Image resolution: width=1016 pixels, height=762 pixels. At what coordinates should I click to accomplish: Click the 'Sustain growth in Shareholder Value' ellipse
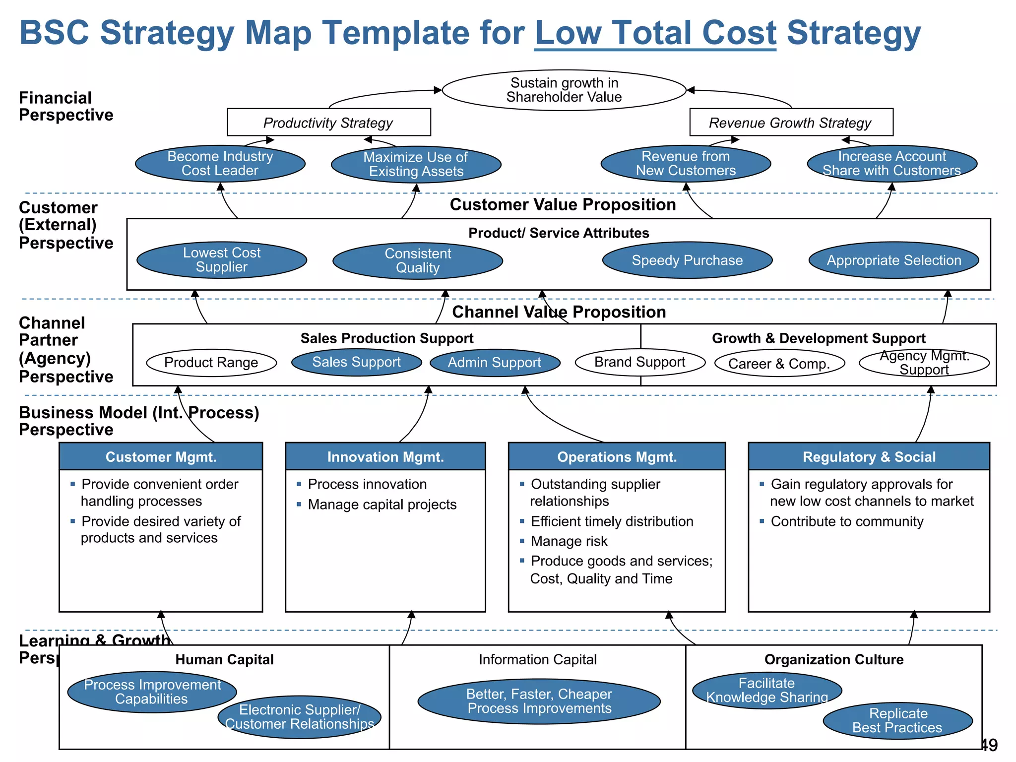[x=564, y=90]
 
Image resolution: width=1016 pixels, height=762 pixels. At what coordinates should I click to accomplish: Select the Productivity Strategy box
[x=328, y=122]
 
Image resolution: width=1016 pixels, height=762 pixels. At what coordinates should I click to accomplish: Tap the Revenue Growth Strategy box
[x=791, y=122]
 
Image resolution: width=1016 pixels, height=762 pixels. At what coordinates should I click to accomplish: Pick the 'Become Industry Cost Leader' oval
[x=220, y=164]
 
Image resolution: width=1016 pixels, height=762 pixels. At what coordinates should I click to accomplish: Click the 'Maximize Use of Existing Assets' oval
[x=416, y=164]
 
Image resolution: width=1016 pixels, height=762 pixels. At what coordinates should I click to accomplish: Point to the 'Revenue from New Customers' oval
[x=686, y=164]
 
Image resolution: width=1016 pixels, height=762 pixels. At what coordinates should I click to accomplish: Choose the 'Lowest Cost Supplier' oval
[x=221, y=260]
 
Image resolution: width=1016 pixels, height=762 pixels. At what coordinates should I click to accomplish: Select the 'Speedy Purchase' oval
[x=687, y=260]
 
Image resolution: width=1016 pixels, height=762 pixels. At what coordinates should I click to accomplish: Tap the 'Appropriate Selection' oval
[x=893, y=260]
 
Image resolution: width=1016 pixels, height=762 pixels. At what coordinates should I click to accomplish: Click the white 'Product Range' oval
[x=211, y=363]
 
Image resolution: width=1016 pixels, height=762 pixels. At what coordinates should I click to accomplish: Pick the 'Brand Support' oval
[x=640, y=362]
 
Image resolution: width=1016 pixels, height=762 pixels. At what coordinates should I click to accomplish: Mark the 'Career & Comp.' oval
[x=779, y=364]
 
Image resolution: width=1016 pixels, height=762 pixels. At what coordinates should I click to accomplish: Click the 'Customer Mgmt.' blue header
[x=161, y=456]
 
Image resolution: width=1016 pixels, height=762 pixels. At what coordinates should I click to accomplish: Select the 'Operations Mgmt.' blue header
[x=617, y=456]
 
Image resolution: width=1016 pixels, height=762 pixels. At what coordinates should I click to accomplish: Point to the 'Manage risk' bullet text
[x=569, y=541]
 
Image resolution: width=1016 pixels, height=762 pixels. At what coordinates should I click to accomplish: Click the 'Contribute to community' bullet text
[x=847, y=521]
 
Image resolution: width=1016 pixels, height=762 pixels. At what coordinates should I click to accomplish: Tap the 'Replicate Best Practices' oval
[x=897, y=720]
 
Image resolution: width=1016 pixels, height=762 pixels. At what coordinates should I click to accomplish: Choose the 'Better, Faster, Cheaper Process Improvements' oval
[x=539, y=701]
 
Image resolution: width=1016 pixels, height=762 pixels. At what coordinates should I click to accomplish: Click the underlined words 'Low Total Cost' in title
[x=655, y=33]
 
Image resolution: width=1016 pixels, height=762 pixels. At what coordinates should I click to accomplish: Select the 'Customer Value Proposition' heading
[x=563, y=204]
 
